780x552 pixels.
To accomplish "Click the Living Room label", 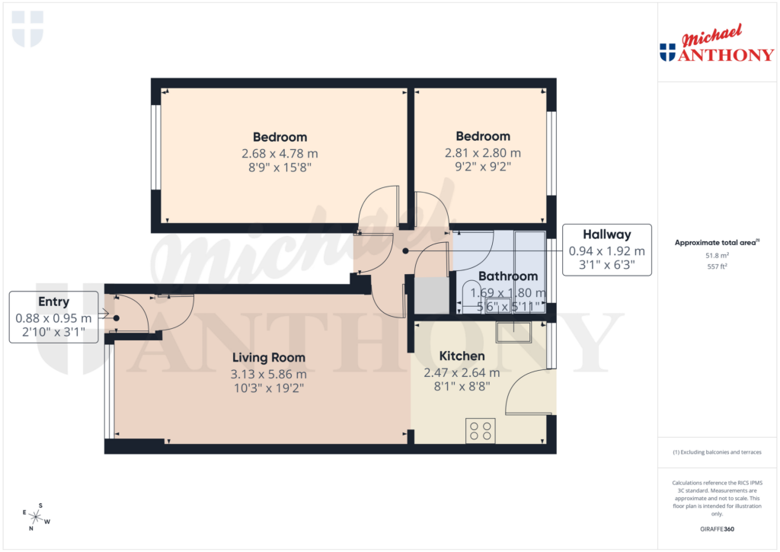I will [x=268, y=357].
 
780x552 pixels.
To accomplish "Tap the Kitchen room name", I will [x=462, y=356].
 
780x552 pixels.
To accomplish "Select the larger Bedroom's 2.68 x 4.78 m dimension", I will [x=280, y=152].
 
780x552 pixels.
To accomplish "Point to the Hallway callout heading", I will [x=606, y=235].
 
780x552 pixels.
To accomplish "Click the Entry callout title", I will [x=53, y=302].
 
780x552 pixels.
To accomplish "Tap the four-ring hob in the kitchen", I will [x=481, y=431].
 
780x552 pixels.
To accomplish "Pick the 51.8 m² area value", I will [x=716, y=257].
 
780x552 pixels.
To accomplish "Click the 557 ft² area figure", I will [x=716, y=267].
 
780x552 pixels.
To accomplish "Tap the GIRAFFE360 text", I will [x=717, y=528].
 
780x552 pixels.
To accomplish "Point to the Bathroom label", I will [x=508, y=276].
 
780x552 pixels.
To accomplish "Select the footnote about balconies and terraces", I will [x=717, y=452].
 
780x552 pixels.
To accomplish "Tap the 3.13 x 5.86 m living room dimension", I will [x=268, y=374].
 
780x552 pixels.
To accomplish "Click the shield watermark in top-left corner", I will [x=28, y=28].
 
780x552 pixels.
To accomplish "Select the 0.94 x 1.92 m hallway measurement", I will [x=606, y=250].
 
